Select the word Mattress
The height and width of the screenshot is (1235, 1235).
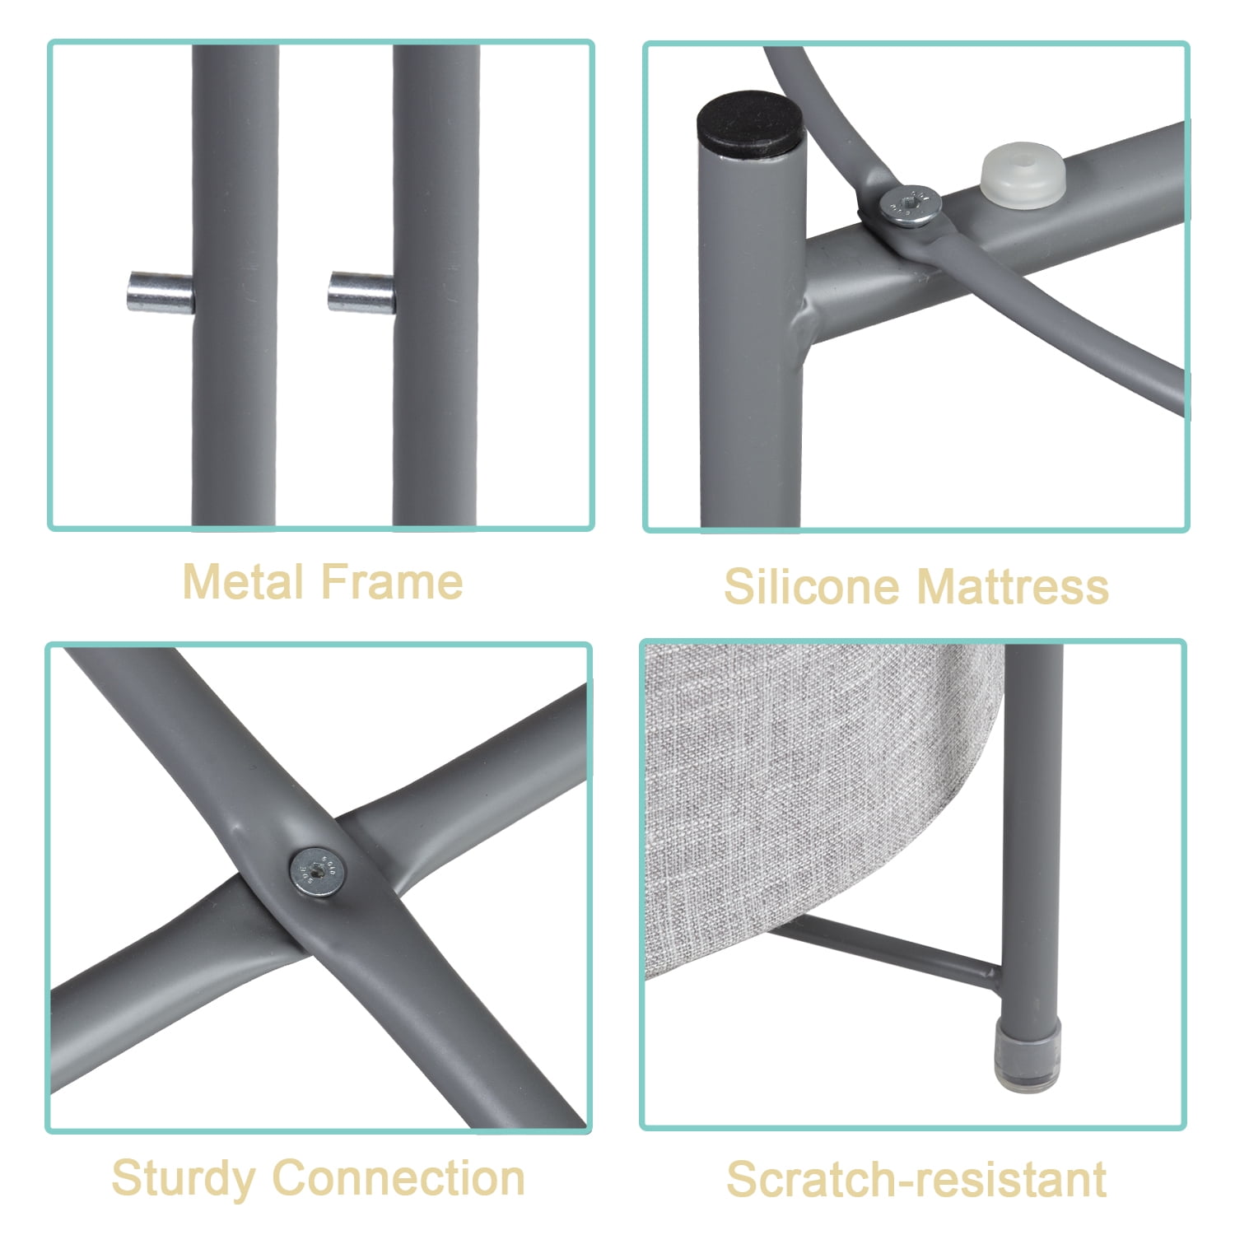tap(1013, 587)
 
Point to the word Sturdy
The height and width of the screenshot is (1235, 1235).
tap(183, 1179)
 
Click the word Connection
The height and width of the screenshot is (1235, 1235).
tap(398, 1177)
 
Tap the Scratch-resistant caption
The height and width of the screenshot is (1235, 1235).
tap(916, 1179)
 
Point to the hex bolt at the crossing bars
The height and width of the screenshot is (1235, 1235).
tap(317, 872)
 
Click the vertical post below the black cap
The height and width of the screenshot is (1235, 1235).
tap(750, 346)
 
